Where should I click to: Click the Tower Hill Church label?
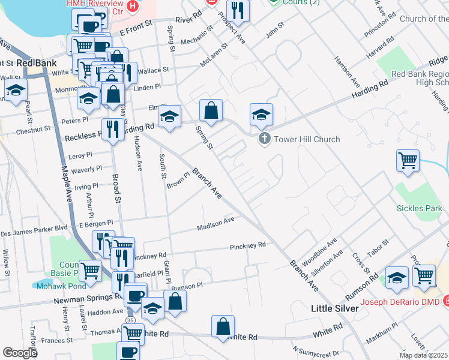coord(307,139)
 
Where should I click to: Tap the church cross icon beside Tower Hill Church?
coord(264,139)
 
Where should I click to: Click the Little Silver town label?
coord(335,308)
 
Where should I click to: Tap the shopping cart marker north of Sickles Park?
coord(408,160)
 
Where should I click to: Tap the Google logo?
coord(20,353)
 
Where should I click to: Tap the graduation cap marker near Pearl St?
coord(16,91)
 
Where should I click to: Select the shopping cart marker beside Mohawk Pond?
coord(90,270)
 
